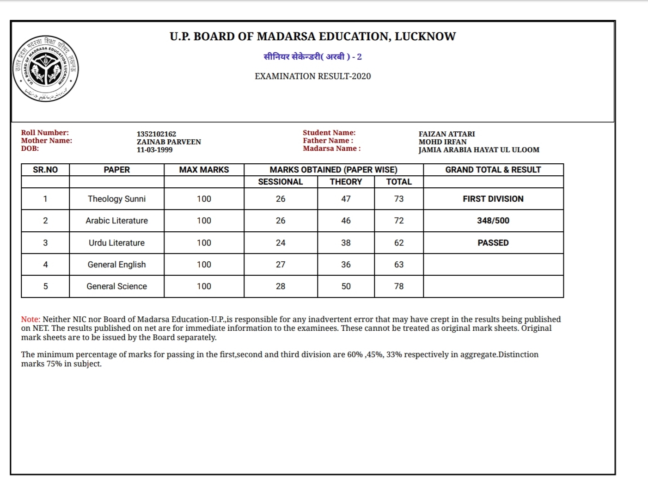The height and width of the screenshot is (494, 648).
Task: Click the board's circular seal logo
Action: (46, 69)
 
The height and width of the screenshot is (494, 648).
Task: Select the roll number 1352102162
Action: (156, 134)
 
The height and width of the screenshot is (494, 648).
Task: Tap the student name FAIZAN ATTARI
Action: (446, 134)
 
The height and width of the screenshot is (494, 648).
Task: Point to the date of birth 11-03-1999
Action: (154, 150)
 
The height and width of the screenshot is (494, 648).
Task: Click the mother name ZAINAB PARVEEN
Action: (169, 142)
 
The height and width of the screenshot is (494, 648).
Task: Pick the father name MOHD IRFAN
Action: (442, 142)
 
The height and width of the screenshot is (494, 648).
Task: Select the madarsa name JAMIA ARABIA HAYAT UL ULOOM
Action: (479, 150)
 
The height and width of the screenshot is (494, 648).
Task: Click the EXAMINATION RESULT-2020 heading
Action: (312, 76)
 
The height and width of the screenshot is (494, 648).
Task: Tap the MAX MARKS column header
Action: (204, 170)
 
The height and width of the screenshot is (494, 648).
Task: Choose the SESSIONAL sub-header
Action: (280, 182)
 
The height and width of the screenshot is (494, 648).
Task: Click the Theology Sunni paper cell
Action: (116, 199)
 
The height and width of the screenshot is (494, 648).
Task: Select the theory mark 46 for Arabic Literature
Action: (346, 221)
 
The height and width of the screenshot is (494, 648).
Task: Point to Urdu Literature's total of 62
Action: (399, 243)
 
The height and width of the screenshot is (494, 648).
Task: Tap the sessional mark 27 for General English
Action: (281, 265)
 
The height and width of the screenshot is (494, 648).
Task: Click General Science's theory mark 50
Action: (346, 286)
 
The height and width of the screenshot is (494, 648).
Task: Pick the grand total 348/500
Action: (493, 221)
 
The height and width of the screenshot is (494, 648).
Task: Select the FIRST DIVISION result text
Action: (493, 199)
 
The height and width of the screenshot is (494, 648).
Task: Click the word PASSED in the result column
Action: (493, 243)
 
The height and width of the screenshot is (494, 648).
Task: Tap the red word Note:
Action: (31, 319)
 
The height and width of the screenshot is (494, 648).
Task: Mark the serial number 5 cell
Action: (45, 286)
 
